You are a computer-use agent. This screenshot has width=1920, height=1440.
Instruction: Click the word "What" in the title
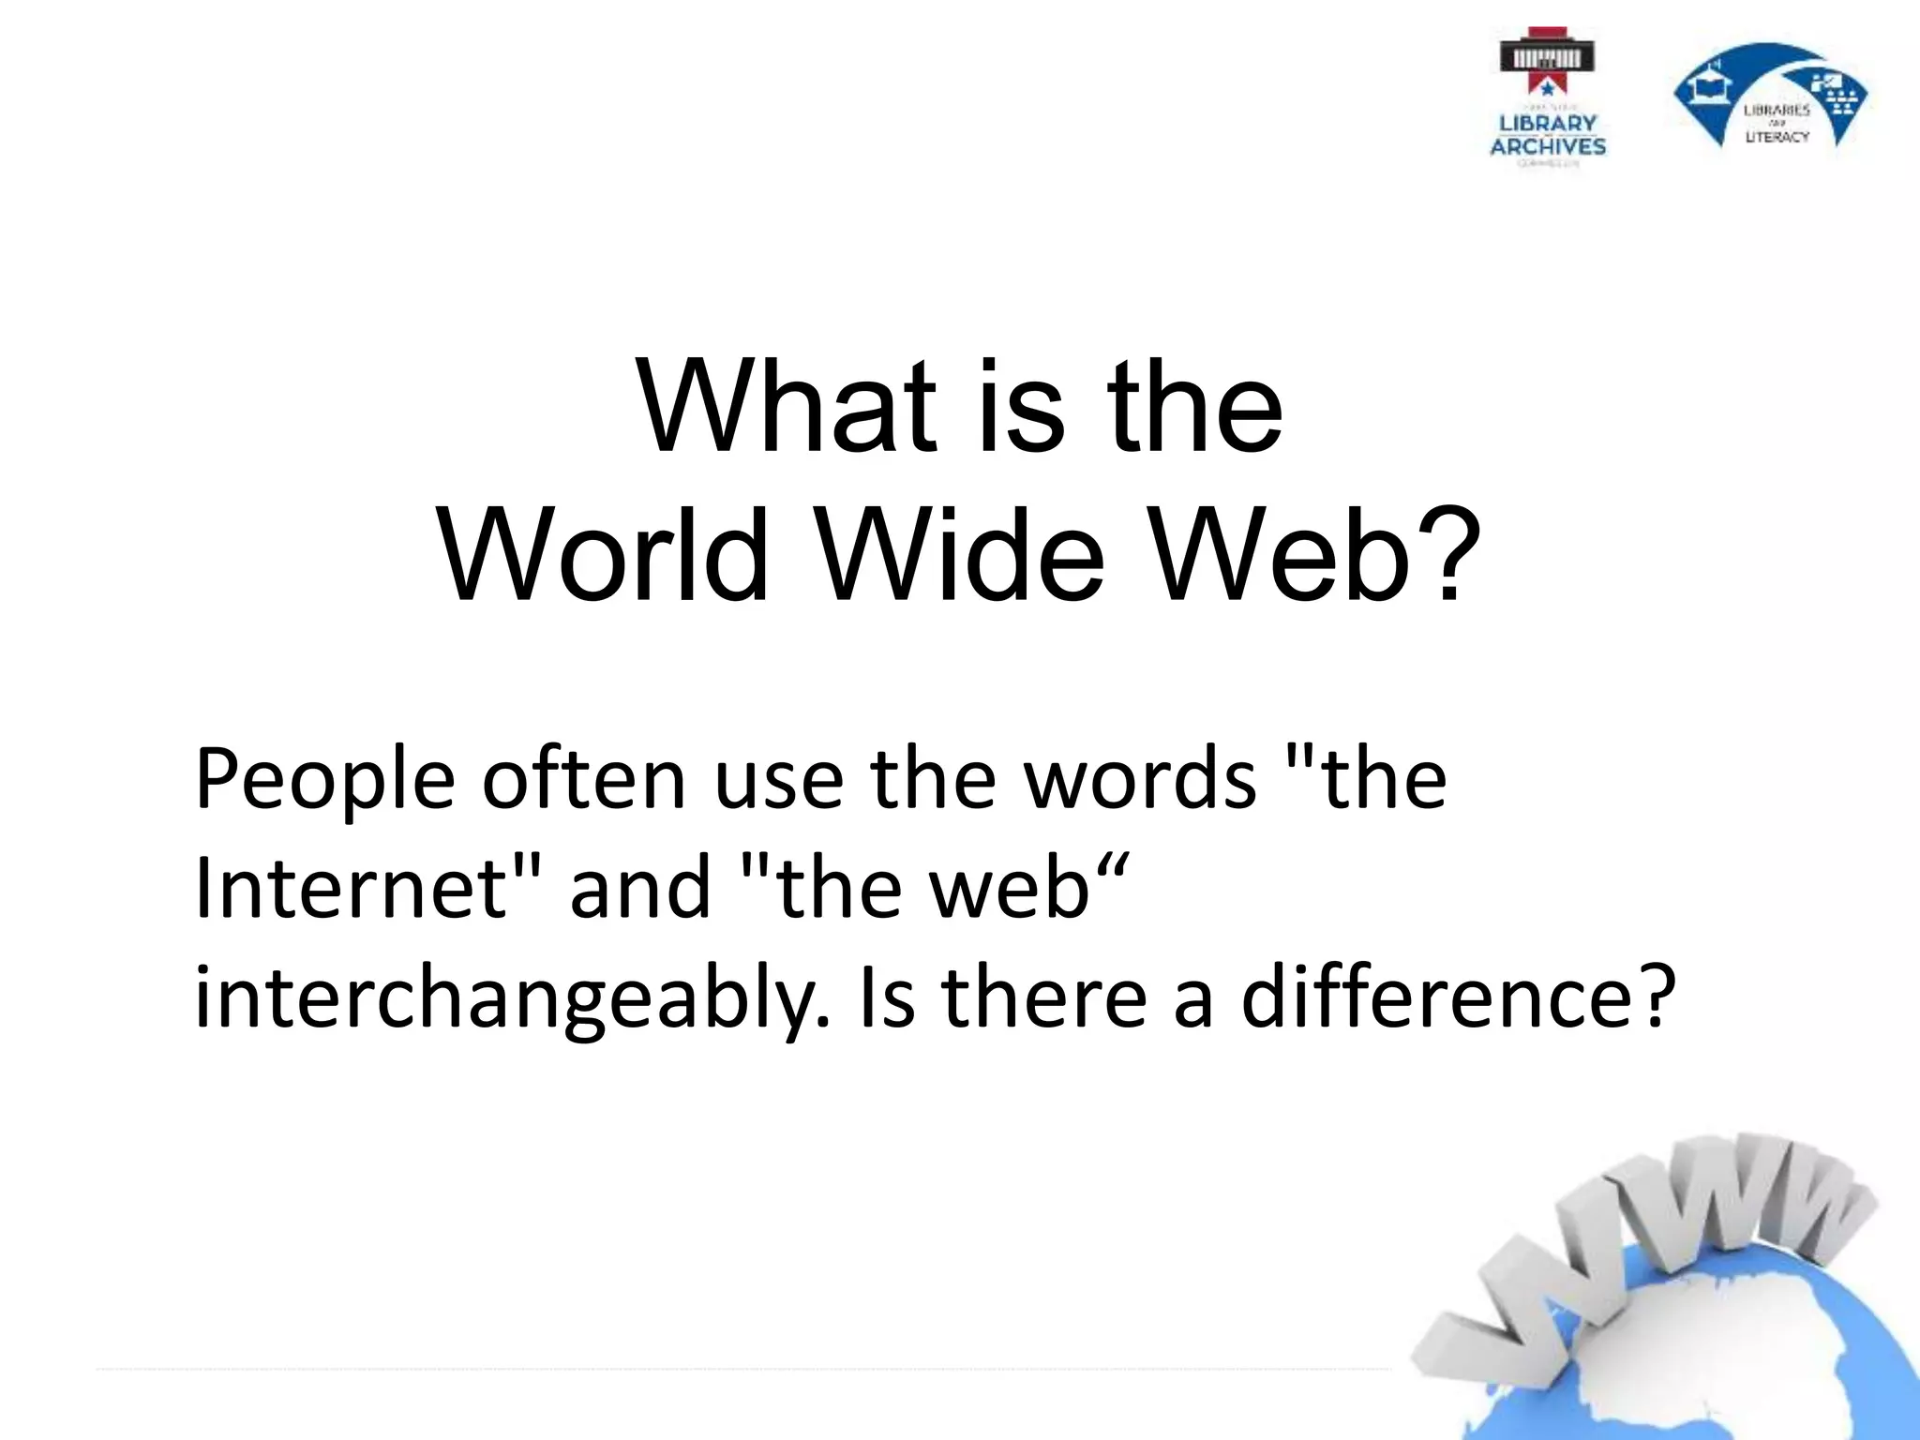[786, 407]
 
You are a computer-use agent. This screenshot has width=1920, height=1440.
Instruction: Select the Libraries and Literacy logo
[1770, 99]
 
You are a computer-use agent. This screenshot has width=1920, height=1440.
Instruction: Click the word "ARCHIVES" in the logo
[1548, 146]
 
